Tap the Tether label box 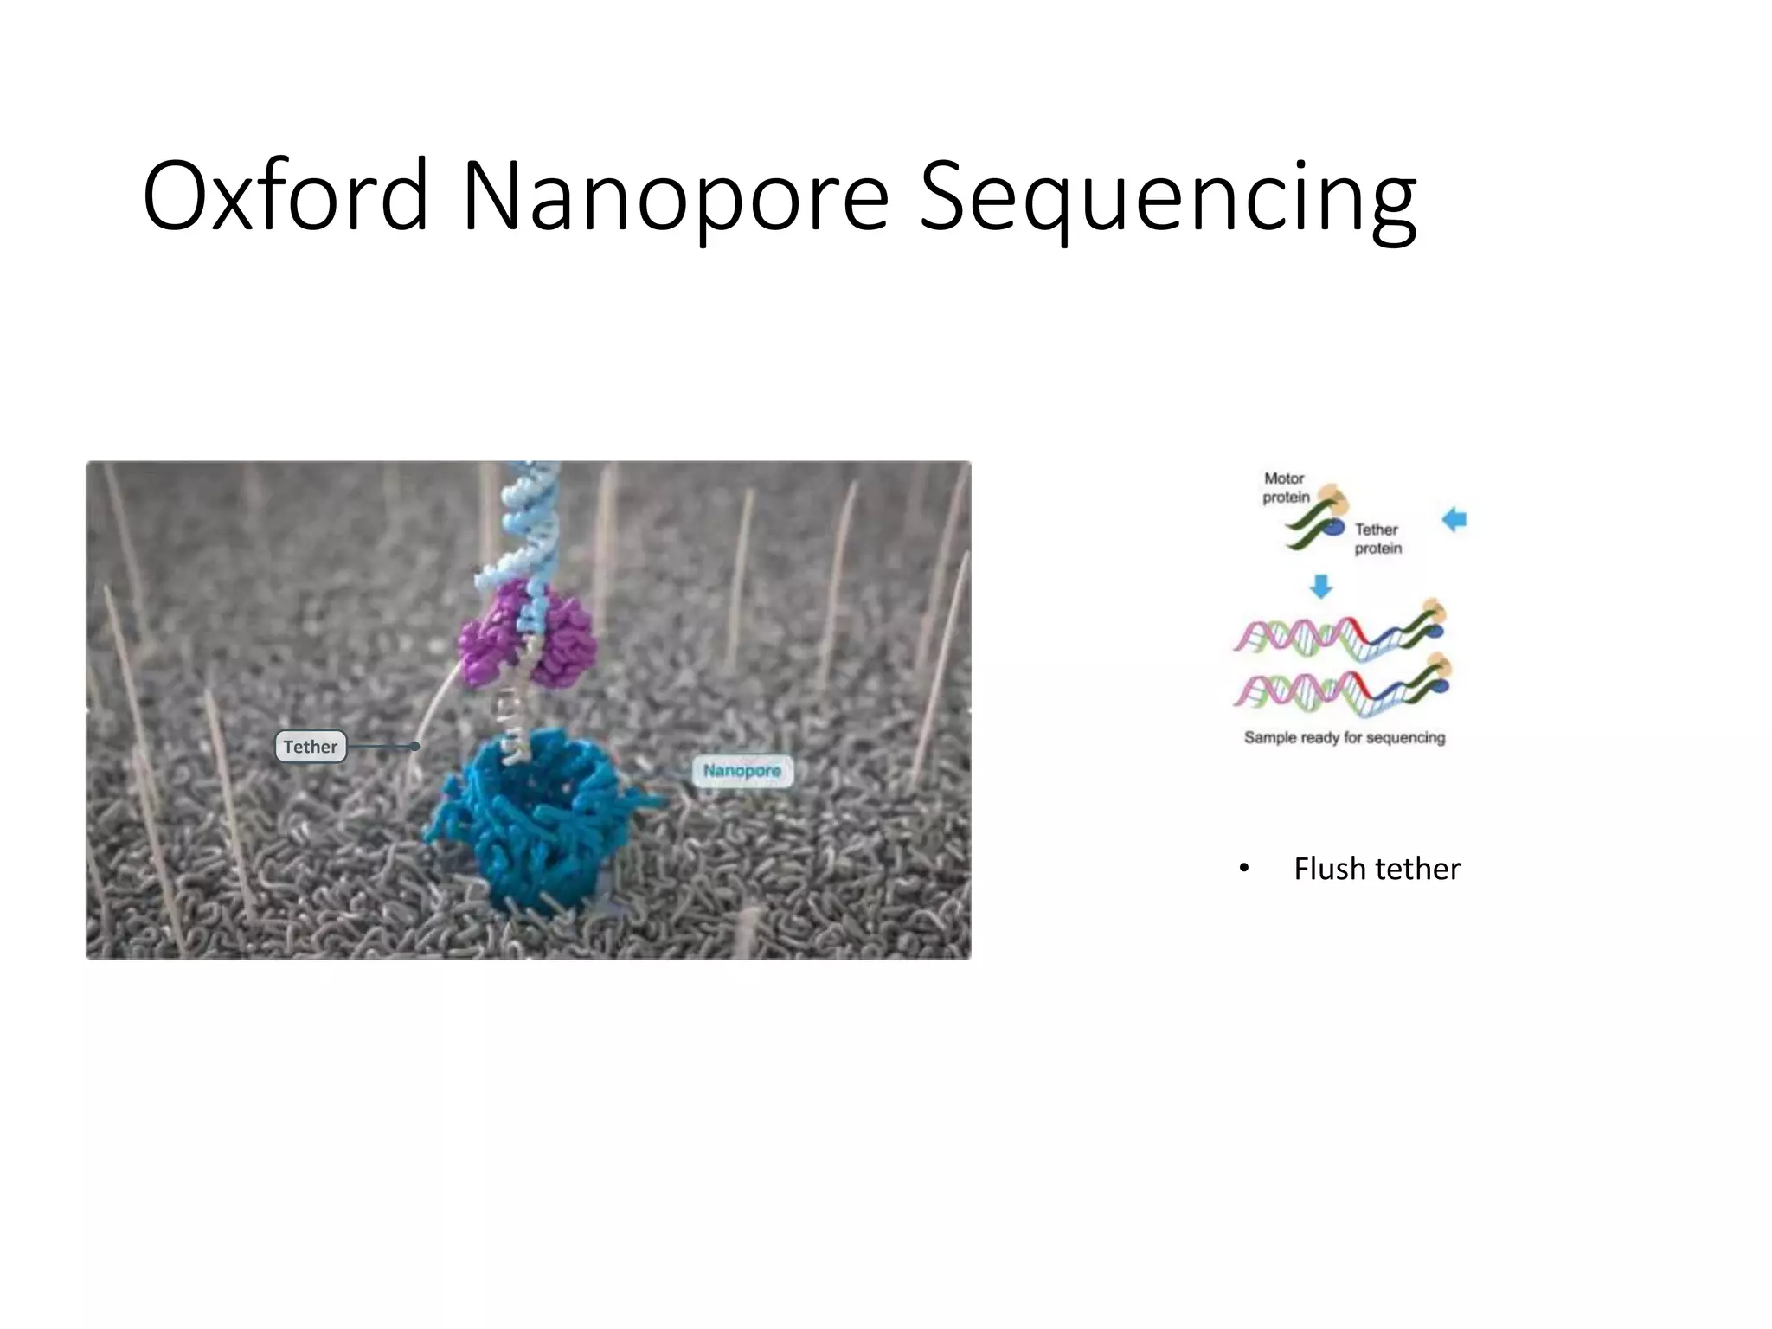[x=311, y=747]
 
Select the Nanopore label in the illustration [x=742, y=771]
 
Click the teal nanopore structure [x=536, y=822]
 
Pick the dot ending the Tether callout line [x=416, y=746]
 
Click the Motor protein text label [x=1285, y=488]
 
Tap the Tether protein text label [x=1377, y=538]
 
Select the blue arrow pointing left [x=1454, y=519]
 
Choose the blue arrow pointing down [x=1320, y=587]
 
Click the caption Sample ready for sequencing [x=1345, y=737]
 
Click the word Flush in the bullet [x=1329, y=869]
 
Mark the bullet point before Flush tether [x=1244, y=868]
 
